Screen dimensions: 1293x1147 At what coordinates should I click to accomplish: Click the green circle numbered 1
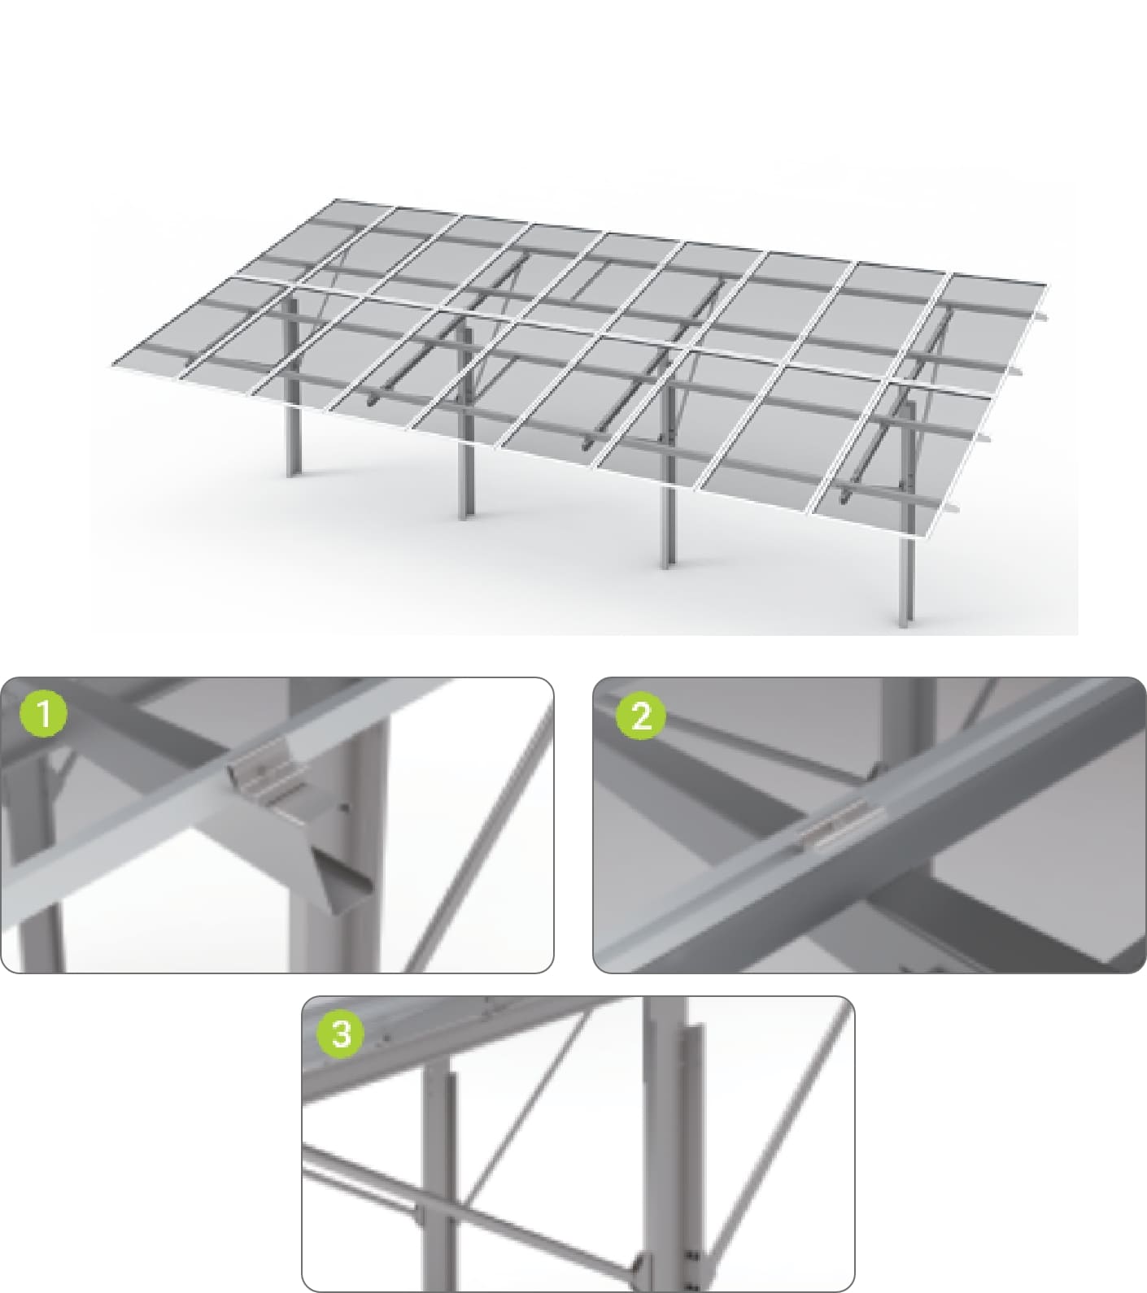coord(43,713)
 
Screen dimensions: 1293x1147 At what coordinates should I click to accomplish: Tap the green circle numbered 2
coord(641,716)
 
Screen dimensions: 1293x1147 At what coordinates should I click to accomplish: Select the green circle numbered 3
coord(341,1034)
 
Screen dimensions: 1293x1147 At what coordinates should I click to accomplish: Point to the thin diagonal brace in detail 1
coord(480,846)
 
